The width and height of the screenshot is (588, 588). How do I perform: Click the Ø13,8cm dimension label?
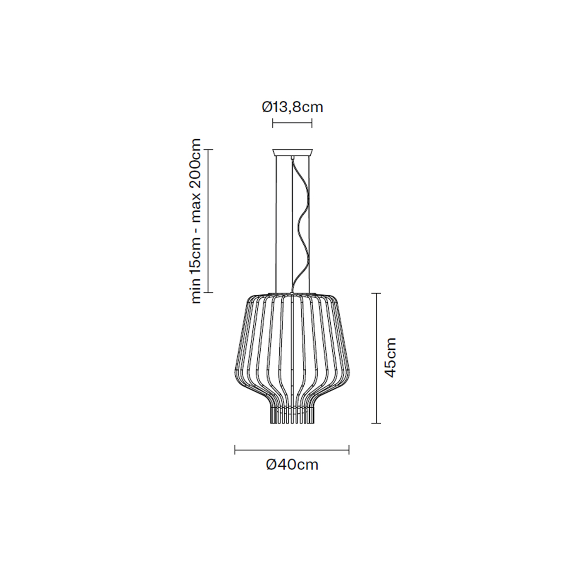293,107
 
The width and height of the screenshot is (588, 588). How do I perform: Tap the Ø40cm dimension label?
293,464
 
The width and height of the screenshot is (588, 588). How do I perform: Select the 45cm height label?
390,357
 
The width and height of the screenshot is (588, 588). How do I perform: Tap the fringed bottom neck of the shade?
293,415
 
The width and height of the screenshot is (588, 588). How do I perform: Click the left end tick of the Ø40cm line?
236,449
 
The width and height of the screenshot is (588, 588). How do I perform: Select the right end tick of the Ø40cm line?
349,449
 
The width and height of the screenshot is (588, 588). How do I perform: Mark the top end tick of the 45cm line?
376,293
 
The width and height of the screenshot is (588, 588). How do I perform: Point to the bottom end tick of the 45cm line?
376,423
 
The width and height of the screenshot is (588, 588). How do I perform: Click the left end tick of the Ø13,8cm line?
272,122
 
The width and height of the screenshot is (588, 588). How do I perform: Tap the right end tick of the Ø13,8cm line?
312,122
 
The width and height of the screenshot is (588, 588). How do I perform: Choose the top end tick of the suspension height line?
209,149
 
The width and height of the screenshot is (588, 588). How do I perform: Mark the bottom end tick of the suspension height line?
209,293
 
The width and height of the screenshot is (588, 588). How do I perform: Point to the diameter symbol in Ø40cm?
272,464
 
